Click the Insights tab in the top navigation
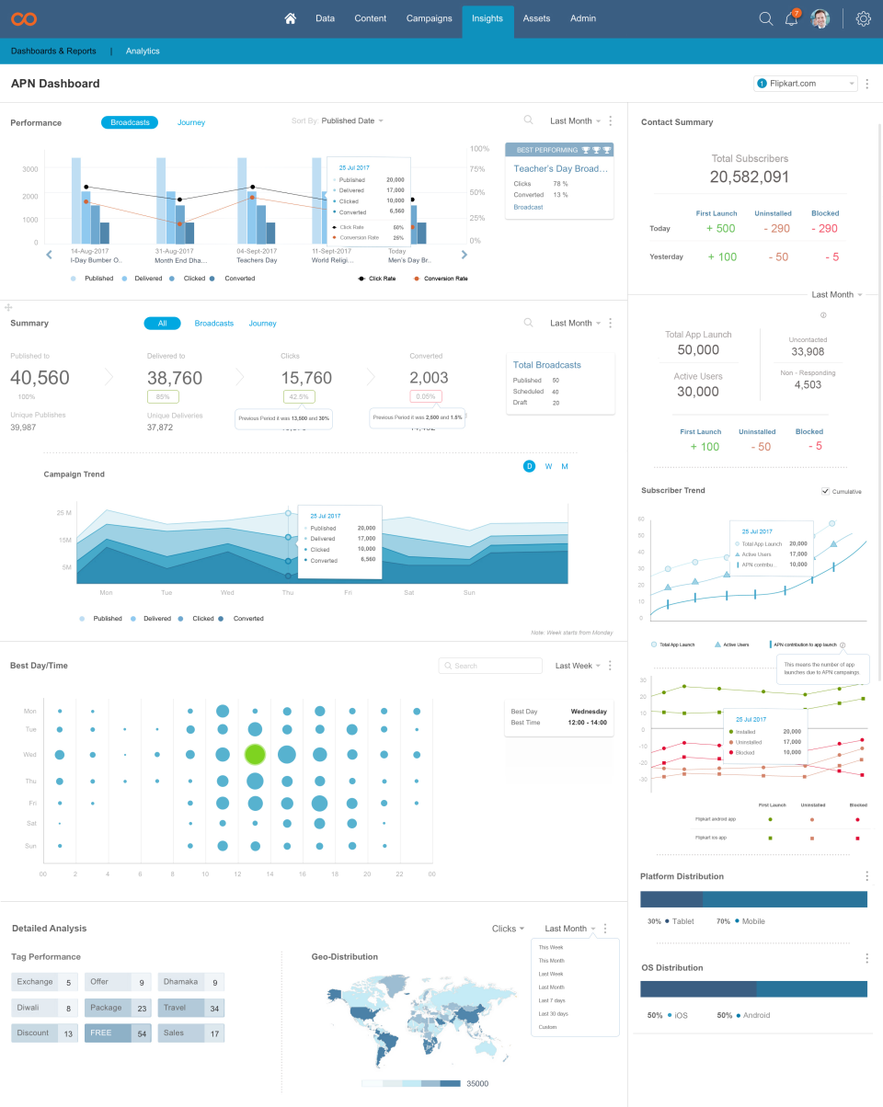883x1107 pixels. [487, 18]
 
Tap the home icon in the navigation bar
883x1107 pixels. [291, 18]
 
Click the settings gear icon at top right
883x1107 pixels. [863, 18]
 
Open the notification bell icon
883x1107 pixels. [791, 19]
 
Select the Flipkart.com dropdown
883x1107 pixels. [806, 84]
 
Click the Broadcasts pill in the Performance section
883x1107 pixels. [130, 122]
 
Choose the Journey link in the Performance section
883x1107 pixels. [191, 122]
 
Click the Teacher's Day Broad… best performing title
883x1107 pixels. [560, 169]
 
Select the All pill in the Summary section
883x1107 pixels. [162, 324]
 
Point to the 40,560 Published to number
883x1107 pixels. [40, 378]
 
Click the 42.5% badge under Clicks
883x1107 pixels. [299, 397]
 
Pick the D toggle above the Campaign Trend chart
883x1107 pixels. [529, 466]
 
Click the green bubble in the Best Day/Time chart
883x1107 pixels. [255, 755]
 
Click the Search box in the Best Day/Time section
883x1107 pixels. [490, 666]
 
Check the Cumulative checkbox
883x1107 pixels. [825, 491]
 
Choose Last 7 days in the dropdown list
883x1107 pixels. [553, 1000]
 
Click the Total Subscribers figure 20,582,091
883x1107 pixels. [750, 177]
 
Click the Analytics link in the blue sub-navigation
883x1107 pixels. [143, 51]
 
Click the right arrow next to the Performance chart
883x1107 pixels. [464, 255]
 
